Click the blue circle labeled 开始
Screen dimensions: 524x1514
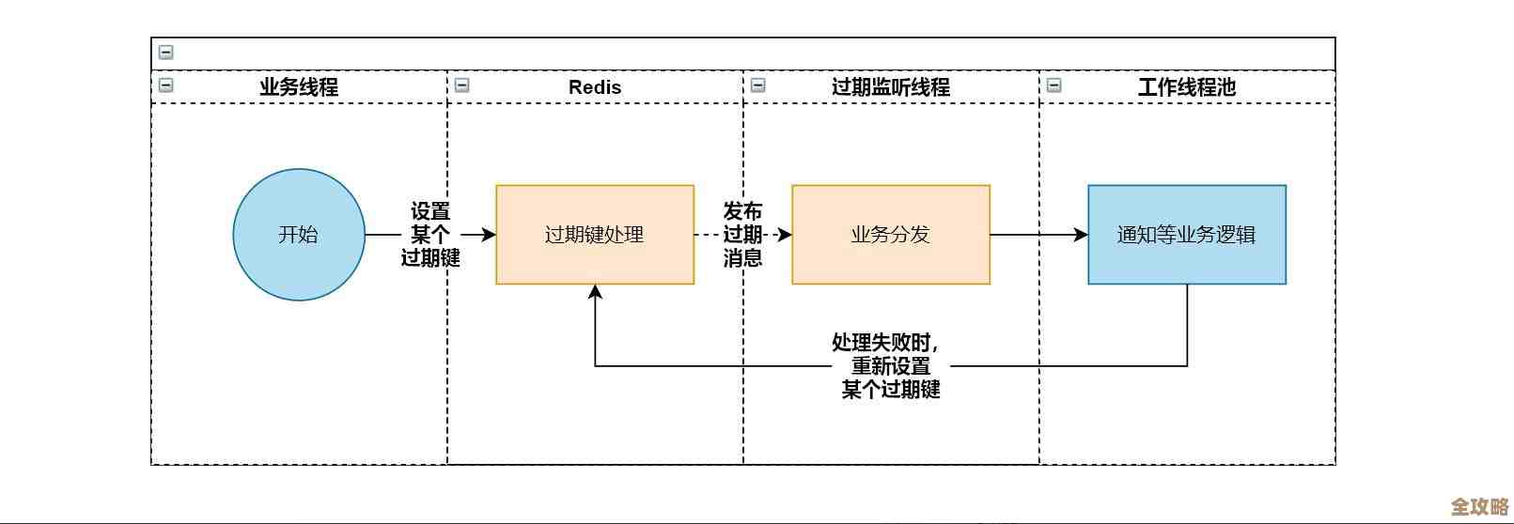pos(299,235)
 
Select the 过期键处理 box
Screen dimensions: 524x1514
pos(595,235)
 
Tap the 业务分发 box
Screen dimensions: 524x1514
pos(891,235)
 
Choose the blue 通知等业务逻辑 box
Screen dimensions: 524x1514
pos(1187,235)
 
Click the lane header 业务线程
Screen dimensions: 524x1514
pos(299,87)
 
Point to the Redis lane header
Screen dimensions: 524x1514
pos(595,87)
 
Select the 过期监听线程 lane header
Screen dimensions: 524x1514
pos(891,87)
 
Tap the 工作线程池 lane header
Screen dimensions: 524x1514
pos(1187,87)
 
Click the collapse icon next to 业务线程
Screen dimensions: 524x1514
pos(166,85)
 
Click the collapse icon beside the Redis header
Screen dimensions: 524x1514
pos(462,85)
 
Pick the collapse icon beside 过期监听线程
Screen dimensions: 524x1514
pos(758,85)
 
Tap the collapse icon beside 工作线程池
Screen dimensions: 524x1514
pos(1054,85)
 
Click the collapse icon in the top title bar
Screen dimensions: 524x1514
pos(166,53)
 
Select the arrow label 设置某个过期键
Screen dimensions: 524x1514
pos(430,235)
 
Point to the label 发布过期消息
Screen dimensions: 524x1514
pos(742,235)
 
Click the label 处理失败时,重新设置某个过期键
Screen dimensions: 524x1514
pos(890,366)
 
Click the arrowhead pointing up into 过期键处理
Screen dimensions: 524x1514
pos(595,292)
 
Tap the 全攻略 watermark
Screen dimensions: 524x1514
pos(1479,506)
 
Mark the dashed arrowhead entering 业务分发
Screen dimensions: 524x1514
pos(785,235)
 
